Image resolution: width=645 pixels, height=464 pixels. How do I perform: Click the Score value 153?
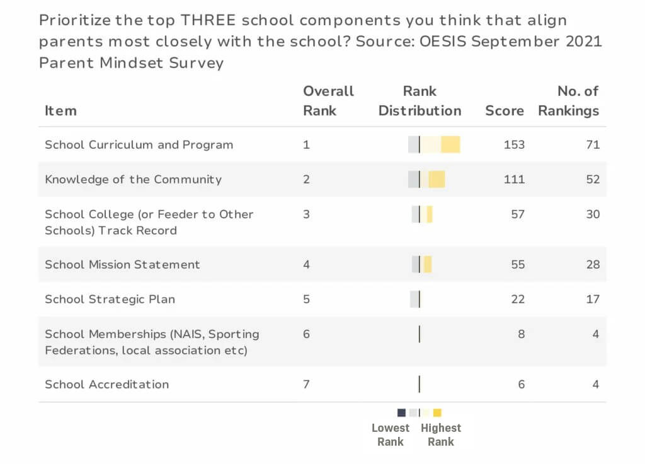click(x=514, y=144)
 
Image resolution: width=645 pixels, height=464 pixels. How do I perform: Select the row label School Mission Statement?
click(x=122, y=265)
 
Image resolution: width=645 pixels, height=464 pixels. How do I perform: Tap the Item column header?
click(x=60, y=111)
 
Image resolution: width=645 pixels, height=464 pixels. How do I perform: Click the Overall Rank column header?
click(x=328, y=101)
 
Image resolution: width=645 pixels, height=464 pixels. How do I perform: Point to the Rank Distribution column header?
click(x=420, y=101)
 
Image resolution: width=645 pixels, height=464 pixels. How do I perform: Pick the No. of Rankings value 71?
click(x=592, y=144)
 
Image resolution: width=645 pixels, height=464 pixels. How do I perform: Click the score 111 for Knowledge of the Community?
click(x=514, y=179)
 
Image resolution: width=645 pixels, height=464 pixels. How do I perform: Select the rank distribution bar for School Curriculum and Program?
click(x=434, y=144)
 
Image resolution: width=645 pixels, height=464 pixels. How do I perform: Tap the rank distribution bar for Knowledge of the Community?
click(x=426, y=179)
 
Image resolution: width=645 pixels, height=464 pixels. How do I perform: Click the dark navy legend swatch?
click(x=401, y=413)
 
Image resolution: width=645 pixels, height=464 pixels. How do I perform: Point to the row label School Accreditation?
click(x=106, y=385)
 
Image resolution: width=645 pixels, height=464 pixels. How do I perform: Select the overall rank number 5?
click(x=306, y=299)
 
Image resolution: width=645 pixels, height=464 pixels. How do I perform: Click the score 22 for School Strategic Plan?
click(x=518, y=299)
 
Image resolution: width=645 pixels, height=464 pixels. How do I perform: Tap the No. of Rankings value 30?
click(x=592, y=214)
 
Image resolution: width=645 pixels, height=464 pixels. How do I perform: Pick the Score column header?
click(x=504, y=111)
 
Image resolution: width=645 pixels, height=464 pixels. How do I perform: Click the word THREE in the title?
click(x=207, y=20)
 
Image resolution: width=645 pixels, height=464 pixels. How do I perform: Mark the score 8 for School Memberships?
click(x=521, y=334)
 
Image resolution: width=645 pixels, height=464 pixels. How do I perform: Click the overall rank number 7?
click(x=306, y=385)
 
